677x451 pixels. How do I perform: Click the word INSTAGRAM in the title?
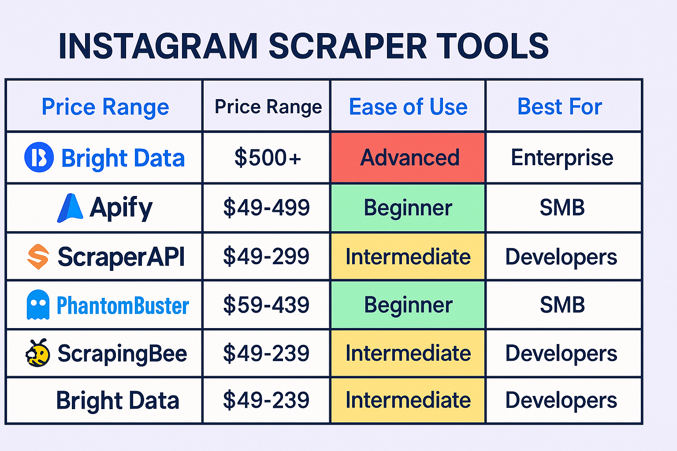tap(158, 46)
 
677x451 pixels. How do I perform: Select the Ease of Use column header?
tap(408, 107)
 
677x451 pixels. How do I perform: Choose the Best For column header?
tap(560, 107)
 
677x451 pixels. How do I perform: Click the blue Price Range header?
tap(105, 107)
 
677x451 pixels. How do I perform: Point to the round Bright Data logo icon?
tap(39, 157)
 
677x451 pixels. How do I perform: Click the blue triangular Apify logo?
tap(70, 208)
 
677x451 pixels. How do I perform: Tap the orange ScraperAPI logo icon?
tap(38, 257)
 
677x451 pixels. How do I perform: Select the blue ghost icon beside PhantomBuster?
tap(38, 304)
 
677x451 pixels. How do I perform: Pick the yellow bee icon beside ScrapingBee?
tap(38, 352)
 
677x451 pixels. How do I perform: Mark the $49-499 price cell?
tap(266, 207)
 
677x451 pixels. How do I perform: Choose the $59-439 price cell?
tap(266, 304)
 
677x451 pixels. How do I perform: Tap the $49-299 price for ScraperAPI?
tap(266, 256)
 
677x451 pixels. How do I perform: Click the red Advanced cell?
tap(408, 157)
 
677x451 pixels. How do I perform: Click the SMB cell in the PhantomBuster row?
tap(562, 304)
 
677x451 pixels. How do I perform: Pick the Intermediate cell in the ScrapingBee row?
tap(408, 353)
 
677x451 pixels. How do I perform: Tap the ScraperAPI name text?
tap(121, 257)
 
